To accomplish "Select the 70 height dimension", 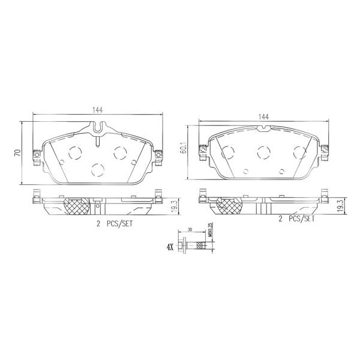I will click(18, 152).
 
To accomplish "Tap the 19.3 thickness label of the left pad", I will click(174, 205).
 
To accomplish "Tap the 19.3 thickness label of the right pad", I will click(340, 205).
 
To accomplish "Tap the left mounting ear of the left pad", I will click(36, 157).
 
